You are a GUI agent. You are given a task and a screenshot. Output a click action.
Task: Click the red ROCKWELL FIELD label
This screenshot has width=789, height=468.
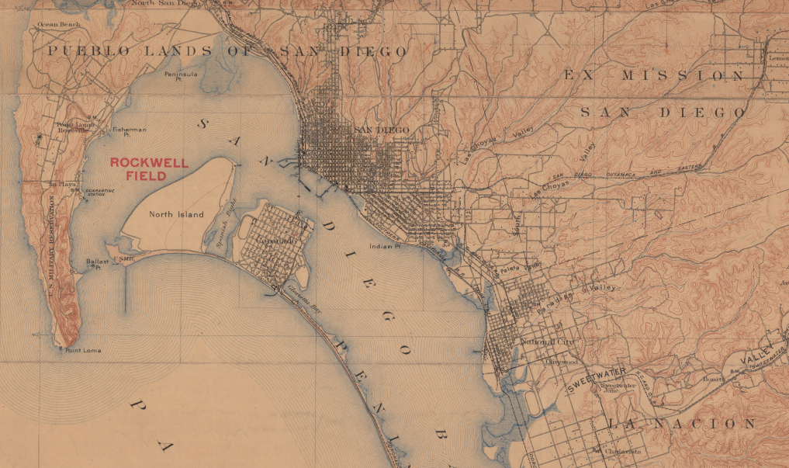(x=138, y=169)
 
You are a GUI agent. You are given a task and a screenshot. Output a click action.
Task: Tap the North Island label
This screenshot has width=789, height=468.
(x=176, y=214)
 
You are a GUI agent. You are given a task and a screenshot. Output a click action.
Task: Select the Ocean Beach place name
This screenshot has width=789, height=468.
(x=59, y=25)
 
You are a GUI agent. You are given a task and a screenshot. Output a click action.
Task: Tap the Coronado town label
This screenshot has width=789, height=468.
(x=273, y=242)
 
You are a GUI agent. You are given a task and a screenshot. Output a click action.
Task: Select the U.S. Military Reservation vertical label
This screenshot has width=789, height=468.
(x=50, y=248)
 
